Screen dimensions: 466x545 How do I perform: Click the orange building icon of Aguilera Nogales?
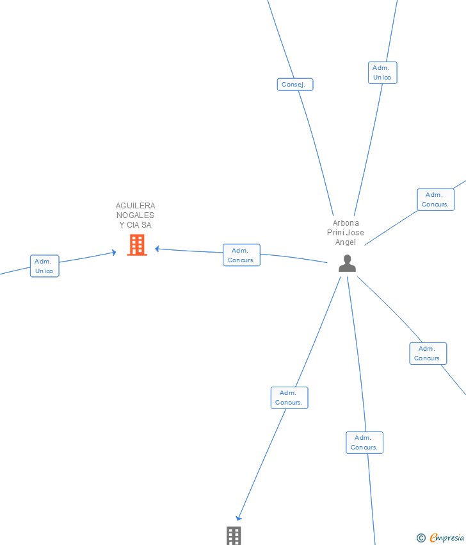pyautogui.click(x=137, y=245)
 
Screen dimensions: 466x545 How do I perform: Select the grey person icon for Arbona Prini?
pyautogui.click(x=347, y=264)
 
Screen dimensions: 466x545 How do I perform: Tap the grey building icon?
pyautogui.click(x=234, y=535)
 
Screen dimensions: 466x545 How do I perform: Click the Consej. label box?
pyautogui.click(x=295, y=85)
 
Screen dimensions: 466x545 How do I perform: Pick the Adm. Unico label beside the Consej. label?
pyautogui.click(x=382, y=72)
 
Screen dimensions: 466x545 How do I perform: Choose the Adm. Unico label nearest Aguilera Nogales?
pyautogui.click(x=44, y=266)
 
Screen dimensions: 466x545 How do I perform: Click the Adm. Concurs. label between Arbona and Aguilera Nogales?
pyautogui.click(x=241, y=255)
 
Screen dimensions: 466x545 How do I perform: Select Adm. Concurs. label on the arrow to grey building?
pyautogui.click(x=289, y=398)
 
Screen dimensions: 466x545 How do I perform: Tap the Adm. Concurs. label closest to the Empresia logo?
pyautogui.click(x=364, y=442)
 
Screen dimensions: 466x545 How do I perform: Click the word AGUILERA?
pyautogui.click(x=135, y=206)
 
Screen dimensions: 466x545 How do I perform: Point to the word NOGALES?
pyautogui.click(x=135, y=215)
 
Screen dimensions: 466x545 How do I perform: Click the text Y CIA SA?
pyautogui.click(x=135, y=225)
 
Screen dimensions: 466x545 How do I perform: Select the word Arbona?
pyautogui.click(x=346, y=223)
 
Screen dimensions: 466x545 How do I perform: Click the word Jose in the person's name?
pyautogui.click(x=355, y=233)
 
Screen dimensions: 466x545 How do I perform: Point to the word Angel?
pyautogui.click(x=346, y=242)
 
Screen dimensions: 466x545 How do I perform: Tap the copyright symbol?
pyautogui.click(x=421, y=538)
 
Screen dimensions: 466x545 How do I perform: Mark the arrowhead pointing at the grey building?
pyautogui.click(x=238, y=518)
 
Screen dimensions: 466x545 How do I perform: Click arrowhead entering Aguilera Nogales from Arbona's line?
pyautogui.click(x=157, y=249)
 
